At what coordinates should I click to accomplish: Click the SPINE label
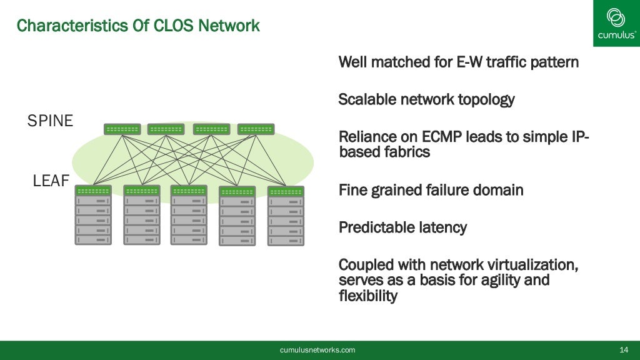[x=50, y=121]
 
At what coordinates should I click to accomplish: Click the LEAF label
[x=51, y=182]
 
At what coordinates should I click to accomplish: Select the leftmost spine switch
[x=122, y=129]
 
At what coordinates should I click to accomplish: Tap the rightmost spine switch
[x=256, y=129]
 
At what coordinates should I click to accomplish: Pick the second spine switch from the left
[x=166, y=129]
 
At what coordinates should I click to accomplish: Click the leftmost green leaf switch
[x=93, y=191]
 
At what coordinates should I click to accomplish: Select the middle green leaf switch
[x=189, y=191]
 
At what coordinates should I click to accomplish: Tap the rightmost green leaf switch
[x=286, y=191]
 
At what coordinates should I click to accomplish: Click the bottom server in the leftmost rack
[x=93, y=239]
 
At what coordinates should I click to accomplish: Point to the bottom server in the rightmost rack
[x=286, y=240]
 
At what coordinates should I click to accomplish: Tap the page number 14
[x=623, y=350]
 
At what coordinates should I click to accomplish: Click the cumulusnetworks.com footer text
[x=317, y=350]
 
